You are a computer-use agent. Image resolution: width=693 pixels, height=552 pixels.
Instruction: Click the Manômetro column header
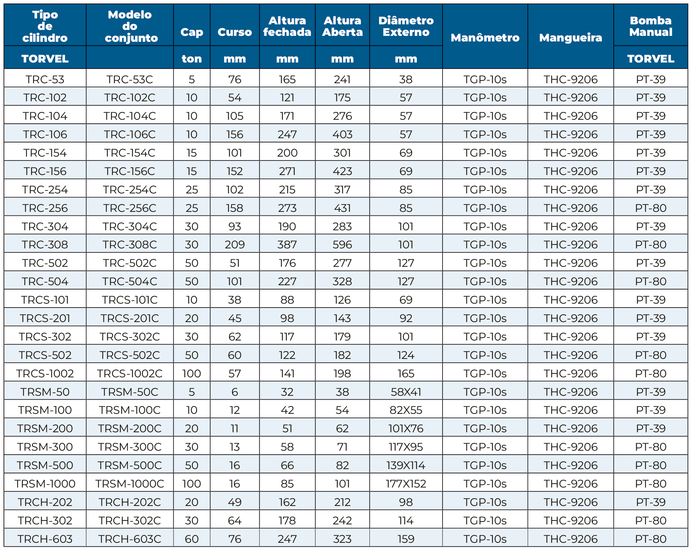(485, 38)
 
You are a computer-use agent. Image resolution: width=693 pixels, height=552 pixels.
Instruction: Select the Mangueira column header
(570, 38)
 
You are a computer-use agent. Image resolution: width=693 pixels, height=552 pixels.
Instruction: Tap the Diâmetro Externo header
(406, 26)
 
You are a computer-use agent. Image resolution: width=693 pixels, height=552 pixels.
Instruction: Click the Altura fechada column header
(287, 26)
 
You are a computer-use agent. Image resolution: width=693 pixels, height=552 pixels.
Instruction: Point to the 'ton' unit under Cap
(192, 59)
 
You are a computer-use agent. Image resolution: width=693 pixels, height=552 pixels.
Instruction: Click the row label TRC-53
(45, 79)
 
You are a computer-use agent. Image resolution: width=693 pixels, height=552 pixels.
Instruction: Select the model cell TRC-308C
(130, 244)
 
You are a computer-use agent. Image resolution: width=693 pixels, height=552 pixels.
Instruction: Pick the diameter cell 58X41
(406, 392)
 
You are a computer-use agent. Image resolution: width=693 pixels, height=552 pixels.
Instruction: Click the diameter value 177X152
(406, 484)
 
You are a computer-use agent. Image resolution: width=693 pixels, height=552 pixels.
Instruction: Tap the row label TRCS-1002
(45, 373)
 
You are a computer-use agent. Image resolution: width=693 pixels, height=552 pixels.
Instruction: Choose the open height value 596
(342, 244)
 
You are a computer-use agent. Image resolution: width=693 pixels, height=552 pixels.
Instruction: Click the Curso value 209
(235, 244)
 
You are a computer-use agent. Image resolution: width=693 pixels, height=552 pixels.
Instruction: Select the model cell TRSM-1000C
(130, 484)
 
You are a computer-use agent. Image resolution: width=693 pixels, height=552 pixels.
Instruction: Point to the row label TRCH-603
(45, 539)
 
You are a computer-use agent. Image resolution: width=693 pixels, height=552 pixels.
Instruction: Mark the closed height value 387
(287, 244)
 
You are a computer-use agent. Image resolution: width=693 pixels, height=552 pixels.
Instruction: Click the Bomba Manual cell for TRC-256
(651, 208)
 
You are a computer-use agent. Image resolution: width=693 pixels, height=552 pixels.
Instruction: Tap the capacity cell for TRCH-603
(192, 539)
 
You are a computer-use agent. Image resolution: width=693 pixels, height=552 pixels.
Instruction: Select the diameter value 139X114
(406, 465)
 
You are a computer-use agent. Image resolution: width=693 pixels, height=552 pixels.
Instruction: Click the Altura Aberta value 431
(342, 208)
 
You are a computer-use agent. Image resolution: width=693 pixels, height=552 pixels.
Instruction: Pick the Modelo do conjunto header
(130, 26)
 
